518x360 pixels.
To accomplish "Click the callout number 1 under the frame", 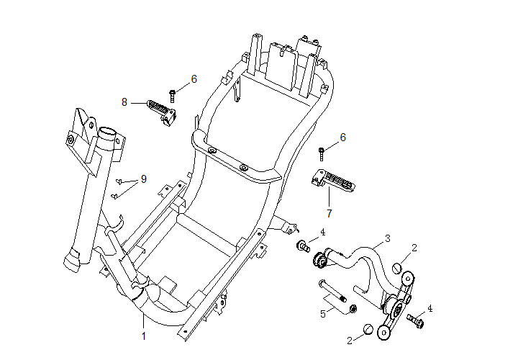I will tap(143, 336).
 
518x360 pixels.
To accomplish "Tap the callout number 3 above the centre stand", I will tap(387, 238).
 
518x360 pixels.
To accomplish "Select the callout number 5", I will tap(323, 313).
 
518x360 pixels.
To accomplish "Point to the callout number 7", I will tap(329, 213).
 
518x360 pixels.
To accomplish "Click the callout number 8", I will tap(124, 103).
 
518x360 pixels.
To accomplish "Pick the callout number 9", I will tap(143, 179).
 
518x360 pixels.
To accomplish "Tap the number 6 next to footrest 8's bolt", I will tap(194, 78).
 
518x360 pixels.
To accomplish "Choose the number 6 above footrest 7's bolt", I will tap(342, 137).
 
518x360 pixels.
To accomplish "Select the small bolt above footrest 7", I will tap(322, 150).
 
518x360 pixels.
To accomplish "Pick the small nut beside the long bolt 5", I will tap(353, 309).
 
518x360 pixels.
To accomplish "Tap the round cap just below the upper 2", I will tap(396, 269).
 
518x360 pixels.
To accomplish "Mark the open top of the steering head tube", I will tap(108, 133).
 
